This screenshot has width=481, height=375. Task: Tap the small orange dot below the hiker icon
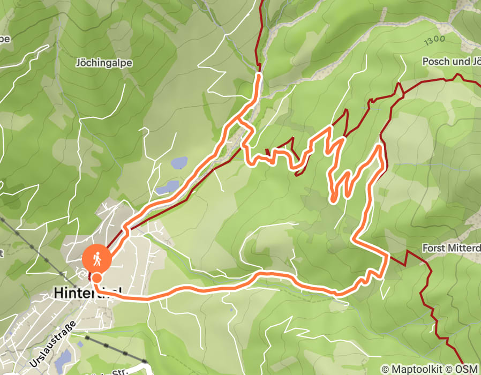96,277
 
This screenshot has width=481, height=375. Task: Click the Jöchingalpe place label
104,63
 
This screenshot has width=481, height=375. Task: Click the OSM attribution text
467,369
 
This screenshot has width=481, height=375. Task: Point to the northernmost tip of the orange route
259,76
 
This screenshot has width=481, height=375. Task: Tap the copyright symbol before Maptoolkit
385,369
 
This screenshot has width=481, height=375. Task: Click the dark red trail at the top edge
262,5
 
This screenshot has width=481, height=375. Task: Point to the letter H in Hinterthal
58,292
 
